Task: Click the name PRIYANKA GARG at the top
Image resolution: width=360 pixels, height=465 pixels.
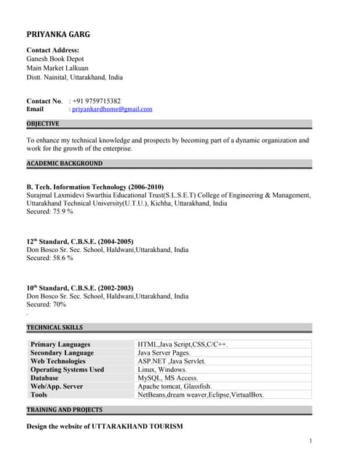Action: pyautogui.click(x=58, y=34)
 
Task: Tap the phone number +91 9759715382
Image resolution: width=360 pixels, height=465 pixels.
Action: pyautogui.click(x=97, y=101)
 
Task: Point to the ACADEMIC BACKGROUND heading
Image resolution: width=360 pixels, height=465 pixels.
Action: pyautogui.click(x=64, y=163)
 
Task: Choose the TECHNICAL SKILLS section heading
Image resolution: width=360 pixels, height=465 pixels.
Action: pyautogui.click(x=55, y=328)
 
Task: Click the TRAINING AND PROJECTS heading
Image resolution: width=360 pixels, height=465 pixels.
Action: pyautogui.click(x=64, y=410)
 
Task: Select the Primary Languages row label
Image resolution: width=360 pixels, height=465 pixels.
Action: pyautogui.click(x=60, y=344)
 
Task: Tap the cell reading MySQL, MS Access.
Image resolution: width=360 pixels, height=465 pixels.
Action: pyautogui.click(x=168, y=378)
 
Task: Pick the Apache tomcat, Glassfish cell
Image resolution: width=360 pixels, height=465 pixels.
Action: pyautogui.click(x=175, y=387)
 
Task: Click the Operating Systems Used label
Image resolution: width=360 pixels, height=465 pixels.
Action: pyautogui.click(x=67, y=369)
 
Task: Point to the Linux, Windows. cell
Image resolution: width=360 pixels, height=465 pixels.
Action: pyautogui.click(x=162, y=369)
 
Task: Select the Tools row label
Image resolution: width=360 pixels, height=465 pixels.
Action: pyautogui.click(x=39, y=395)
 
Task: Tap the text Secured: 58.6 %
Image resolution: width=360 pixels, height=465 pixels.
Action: pyautogui.click(x=49, y=258)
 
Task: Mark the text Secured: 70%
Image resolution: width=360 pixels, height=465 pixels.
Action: pyautogui.click(x=46, y=305)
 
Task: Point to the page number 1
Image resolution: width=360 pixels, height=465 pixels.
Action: pyautogui.click(x=310, y=441)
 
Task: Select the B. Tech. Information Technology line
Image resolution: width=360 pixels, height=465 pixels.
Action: pyautogui.click(x=95, y=187)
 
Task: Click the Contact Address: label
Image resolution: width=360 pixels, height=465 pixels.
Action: pyautogui.click(x=52, y=50)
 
